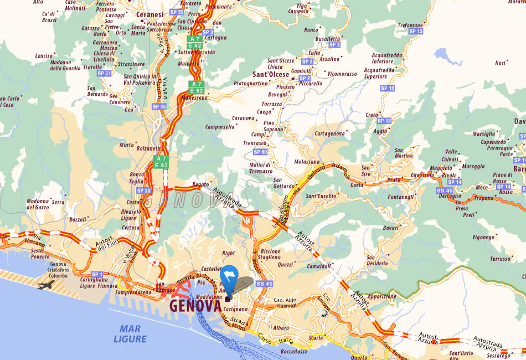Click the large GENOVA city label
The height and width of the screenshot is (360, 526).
click(195, 306)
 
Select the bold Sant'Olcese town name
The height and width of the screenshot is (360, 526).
click(271, 74)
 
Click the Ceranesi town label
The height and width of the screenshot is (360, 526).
click(150, 14)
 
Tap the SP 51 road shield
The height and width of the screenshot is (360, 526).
click(104, 73)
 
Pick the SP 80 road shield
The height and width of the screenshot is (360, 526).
click(260, 151)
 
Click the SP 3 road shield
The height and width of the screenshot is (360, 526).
click(208, 32)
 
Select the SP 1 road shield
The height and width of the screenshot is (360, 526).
click(97, 274)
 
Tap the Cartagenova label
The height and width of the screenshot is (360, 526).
click(329, 133)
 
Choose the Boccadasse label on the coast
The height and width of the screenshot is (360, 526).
click(294, 351)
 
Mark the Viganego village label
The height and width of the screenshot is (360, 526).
click(483, 237)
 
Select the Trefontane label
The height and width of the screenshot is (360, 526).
click(410, 25)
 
